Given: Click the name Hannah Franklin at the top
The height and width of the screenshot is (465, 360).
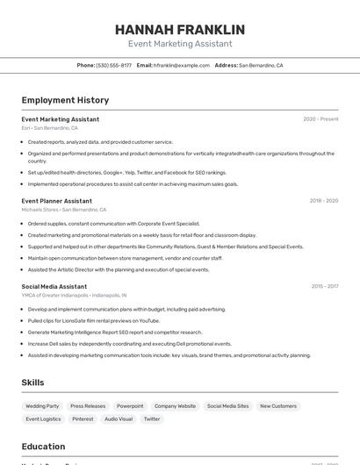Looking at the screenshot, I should tap(180, 30).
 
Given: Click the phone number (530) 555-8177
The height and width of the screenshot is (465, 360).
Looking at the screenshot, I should tap(113, 65).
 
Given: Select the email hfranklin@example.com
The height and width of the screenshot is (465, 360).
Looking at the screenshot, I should tap(180, 65).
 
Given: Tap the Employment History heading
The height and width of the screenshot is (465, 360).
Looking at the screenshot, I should tap(65, 100).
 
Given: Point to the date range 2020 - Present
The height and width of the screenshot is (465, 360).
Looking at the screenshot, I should tap(320, 119).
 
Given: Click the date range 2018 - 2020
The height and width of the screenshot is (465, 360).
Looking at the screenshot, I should tap(323, 201).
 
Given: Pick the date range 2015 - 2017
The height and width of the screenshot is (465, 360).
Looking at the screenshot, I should tap(324, 286).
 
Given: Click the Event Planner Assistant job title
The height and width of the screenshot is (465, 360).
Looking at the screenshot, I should tap(56, 201).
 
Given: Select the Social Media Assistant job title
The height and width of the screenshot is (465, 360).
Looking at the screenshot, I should tap(54, 286).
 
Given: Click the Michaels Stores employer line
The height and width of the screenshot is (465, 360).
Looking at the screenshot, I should tap(64, 210).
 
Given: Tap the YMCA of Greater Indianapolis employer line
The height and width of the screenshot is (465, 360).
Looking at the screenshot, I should tap(75, 296).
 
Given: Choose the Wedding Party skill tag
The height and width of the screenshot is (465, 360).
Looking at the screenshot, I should tap(42, 406).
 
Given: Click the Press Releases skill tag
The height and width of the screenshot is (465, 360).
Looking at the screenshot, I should tap(88, 406).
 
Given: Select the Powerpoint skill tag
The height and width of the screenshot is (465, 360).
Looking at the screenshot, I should tap(130, 406).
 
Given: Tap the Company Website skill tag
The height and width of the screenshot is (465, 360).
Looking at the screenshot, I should tap(175, 406).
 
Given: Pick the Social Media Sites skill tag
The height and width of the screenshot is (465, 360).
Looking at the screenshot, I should tap(227, 406).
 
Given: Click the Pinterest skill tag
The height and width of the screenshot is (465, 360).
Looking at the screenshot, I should tap(83, 419).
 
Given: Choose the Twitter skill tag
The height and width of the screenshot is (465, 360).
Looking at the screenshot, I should tap(152, 419).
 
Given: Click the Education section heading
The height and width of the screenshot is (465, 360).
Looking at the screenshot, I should tap(43, 446).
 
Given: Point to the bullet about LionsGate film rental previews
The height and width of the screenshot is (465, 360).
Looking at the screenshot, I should tap(94, 321).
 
